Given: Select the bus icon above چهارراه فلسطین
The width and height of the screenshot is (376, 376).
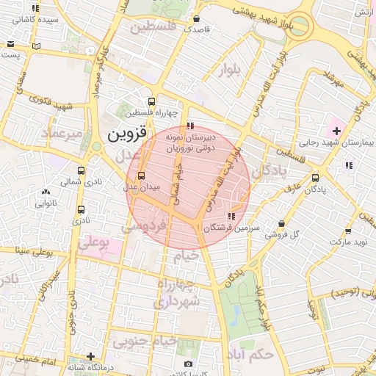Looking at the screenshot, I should click(x=151, y=102).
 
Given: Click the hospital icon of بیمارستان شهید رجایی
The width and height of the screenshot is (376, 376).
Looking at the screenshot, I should click(x=336, y=130).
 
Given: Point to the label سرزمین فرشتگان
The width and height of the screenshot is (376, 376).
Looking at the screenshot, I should click(x=230, y=228).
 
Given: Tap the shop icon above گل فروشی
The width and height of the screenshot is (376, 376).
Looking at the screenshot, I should click(x=282, y=223).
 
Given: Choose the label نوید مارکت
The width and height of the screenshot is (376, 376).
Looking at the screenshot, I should click(x=347, y=242).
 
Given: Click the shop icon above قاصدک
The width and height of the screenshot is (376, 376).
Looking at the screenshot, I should click(x=196, y=19).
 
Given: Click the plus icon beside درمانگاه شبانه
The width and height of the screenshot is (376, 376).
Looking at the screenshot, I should click(x=90, y=356).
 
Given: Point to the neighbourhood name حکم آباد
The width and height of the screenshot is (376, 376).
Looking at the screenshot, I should click(x=250, y=353).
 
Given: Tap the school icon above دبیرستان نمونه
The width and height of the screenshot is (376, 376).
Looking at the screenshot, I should click(x=191, y=126).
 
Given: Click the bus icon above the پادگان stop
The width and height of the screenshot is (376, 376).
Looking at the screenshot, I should click(x=316, y=177).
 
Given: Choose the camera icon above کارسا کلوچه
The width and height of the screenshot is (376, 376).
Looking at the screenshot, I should click(x=189, y=364).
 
